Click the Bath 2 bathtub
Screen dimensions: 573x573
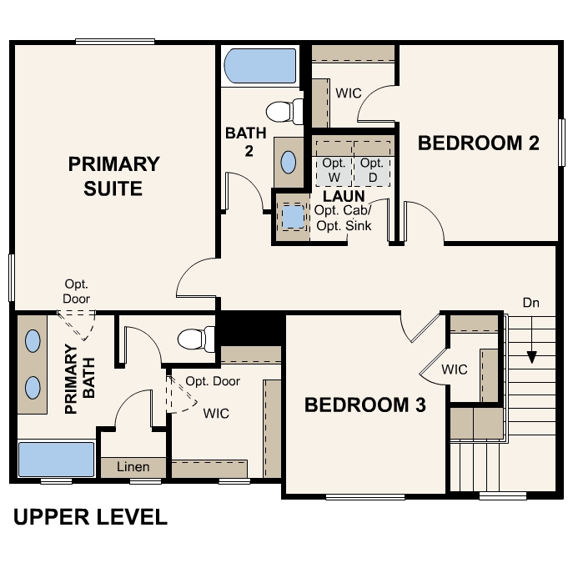pyautogui.click(x=260, y=66)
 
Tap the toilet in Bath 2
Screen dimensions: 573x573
pyautogui.click(x=284, y=112)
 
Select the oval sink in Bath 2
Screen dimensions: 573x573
pyautogui.click(x=289, y=163)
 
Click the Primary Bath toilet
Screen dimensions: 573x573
pyautogui.click(x=196, y=339)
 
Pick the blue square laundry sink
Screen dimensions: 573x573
pyautogui.click(x=293, y=217)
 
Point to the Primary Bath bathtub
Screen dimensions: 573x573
pyautogui.click(x=56, y=460)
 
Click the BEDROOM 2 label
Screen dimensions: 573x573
pyautogui.click(x=479, y=143)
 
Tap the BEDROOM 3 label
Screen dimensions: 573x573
pyautogui.click(x=365, y=405)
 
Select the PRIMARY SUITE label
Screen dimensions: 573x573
pyautogui.click(x=113, y=176)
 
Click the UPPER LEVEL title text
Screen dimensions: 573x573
pyautogui.click(x=90, y=517)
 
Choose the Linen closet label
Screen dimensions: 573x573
pyautogui.click(x=133, y=467)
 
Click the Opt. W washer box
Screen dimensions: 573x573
pyautogui.click(x=334, y=171)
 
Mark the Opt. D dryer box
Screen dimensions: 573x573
pyautogui.click(x=372, y=171)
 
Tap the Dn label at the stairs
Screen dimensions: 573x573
pyautogui.click(x=531, y=303)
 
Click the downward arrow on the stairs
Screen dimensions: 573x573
pyautogui.click(x=531, y=339)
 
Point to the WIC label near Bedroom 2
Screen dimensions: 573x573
pyautogui.click(x=349, y=93)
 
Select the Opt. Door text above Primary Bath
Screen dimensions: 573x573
pyautogui.click(x=77, y=291)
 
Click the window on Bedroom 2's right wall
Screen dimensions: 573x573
pyautogui.click(x=561, y=143)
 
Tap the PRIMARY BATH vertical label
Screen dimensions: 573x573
pyautogui.click(x=80, y=379)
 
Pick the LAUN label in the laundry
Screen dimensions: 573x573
pyautogui.click(x=344, y=196)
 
